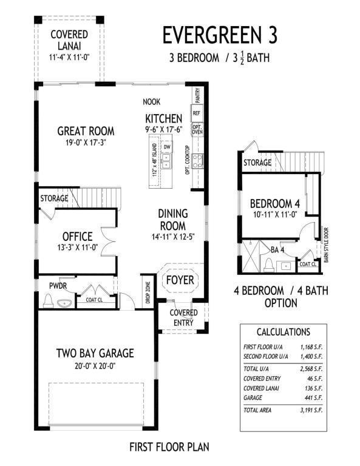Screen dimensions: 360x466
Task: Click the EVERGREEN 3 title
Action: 220,35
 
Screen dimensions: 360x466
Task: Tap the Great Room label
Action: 86,131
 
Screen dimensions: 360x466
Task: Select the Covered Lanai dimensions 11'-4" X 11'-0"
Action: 69,58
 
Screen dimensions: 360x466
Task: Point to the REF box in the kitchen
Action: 197,113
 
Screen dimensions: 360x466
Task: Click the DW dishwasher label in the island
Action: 166,147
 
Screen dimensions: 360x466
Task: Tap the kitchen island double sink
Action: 166,161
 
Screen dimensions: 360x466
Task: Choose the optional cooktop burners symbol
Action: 197,161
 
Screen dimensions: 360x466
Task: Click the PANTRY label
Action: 198,95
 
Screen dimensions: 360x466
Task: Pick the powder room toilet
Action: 48,301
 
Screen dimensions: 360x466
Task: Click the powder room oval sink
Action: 64,303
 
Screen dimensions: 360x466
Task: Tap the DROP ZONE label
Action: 148,292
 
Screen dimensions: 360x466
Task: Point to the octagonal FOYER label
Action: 180,280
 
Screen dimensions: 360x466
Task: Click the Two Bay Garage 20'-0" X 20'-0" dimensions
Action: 95,366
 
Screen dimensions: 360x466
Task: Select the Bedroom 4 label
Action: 274,204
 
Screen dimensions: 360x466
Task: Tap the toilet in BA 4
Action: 269,265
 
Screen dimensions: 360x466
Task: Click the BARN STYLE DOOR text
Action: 326,245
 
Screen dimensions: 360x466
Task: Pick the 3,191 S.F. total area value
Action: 311,410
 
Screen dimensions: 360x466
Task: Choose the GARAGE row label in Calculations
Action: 253,397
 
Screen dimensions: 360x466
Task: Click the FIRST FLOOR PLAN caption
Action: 169,447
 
